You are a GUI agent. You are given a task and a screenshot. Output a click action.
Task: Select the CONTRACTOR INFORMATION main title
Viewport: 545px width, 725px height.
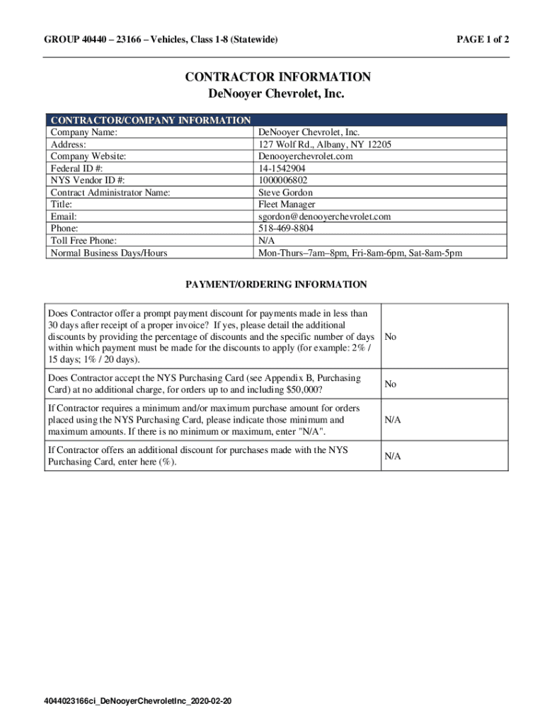click(278, 76)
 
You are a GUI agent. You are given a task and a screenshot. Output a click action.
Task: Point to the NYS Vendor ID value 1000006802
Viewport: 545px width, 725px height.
click(283, 181)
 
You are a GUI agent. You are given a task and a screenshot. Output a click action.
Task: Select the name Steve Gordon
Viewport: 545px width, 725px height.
click(285, 193)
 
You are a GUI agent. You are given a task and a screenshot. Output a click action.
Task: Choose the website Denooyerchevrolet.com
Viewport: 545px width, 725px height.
click(305, 156)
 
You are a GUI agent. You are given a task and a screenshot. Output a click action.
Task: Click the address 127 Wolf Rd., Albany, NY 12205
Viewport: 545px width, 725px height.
click(324, 144)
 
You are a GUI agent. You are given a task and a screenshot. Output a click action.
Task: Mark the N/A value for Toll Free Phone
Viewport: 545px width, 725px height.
click(267, 241)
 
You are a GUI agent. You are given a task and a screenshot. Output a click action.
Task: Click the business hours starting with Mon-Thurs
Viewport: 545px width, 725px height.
click(360, 253)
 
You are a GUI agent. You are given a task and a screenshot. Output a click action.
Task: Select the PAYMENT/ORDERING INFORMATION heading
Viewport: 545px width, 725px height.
click(276, 285)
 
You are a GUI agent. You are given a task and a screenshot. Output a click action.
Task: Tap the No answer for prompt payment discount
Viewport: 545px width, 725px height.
click(390, 337)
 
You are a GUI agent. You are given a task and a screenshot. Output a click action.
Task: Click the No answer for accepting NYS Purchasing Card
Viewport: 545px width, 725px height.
click(390, 384)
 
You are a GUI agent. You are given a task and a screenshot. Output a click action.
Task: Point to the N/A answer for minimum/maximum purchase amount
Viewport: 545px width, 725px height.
click(393, 420)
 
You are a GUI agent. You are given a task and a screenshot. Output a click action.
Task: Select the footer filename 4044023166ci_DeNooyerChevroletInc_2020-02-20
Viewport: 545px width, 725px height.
click(137, 701)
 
